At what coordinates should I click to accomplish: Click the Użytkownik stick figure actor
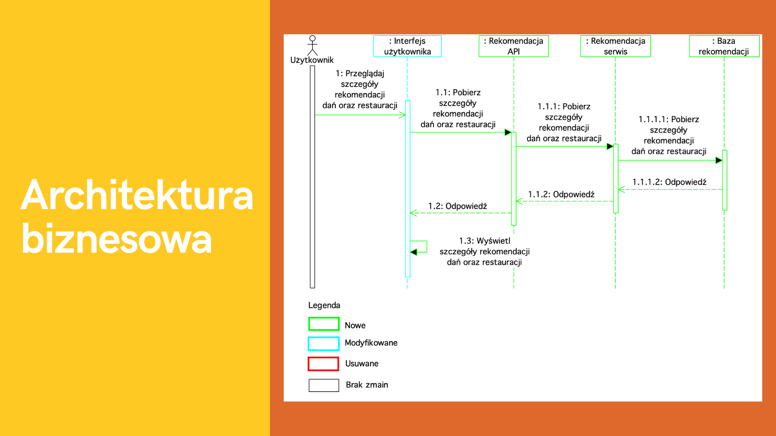[312, 45]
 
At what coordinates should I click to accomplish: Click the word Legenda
[324, 305]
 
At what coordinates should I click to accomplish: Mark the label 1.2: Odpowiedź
[458, 206]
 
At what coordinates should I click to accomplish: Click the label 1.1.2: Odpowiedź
[561, 194]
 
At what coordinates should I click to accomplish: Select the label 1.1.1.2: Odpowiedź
[669, 182]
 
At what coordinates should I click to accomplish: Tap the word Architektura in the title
[137, 195]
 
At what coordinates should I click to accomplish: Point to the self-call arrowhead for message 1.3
[413, 252]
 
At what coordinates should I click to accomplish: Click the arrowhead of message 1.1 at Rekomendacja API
[508, 132]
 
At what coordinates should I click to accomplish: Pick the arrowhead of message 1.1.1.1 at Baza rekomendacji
[719, 160]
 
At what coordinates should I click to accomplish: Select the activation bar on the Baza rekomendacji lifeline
[725, 180]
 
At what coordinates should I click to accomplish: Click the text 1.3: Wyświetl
[485, 241]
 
